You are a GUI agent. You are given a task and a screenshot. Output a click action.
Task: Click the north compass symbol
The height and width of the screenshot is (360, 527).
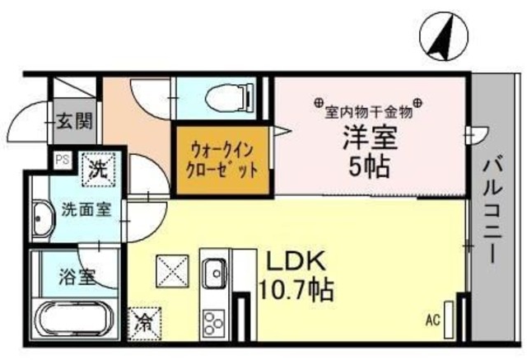click(x=442, y=36)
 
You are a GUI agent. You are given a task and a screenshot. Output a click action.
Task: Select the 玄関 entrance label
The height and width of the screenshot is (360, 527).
click(x=73, y=126)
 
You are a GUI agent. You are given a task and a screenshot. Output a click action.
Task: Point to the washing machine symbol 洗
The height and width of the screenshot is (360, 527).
click(x=98, y=173)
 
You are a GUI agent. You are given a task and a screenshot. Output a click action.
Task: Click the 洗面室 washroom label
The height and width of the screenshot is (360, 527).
click(x=86, y=208)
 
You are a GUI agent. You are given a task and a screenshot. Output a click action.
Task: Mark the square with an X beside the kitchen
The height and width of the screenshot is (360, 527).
click(x=172, y=272)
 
